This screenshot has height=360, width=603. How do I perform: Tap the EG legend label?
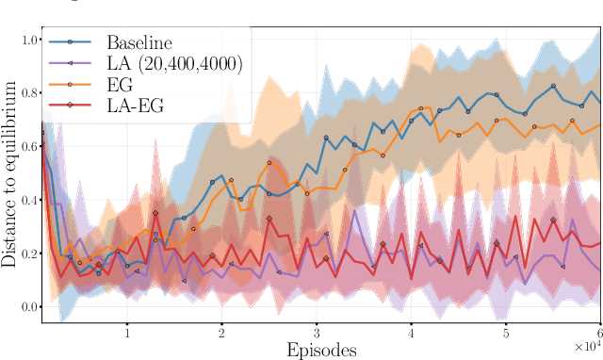coord(121,84)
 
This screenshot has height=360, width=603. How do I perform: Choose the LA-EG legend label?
coord(136,106)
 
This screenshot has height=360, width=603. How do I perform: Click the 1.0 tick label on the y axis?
coord(29,41)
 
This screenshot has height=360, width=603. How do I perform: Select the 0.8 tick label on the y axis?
coord(29,93)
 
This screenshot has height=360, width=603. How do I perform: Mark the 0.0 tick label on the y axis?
coord(29,307)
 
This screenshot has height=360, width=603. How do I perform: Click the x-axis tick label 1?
coord(127,332)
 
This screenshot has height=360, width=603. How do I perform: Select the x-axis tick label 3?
coord(317,332)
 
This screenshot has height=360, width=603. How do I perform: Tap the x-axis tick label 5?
coord(506,332)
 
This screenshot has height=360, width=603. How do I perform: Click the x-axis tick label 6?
coord(599,332)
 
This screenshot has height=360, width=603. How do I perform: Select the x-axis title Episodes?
coord(321,350)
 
